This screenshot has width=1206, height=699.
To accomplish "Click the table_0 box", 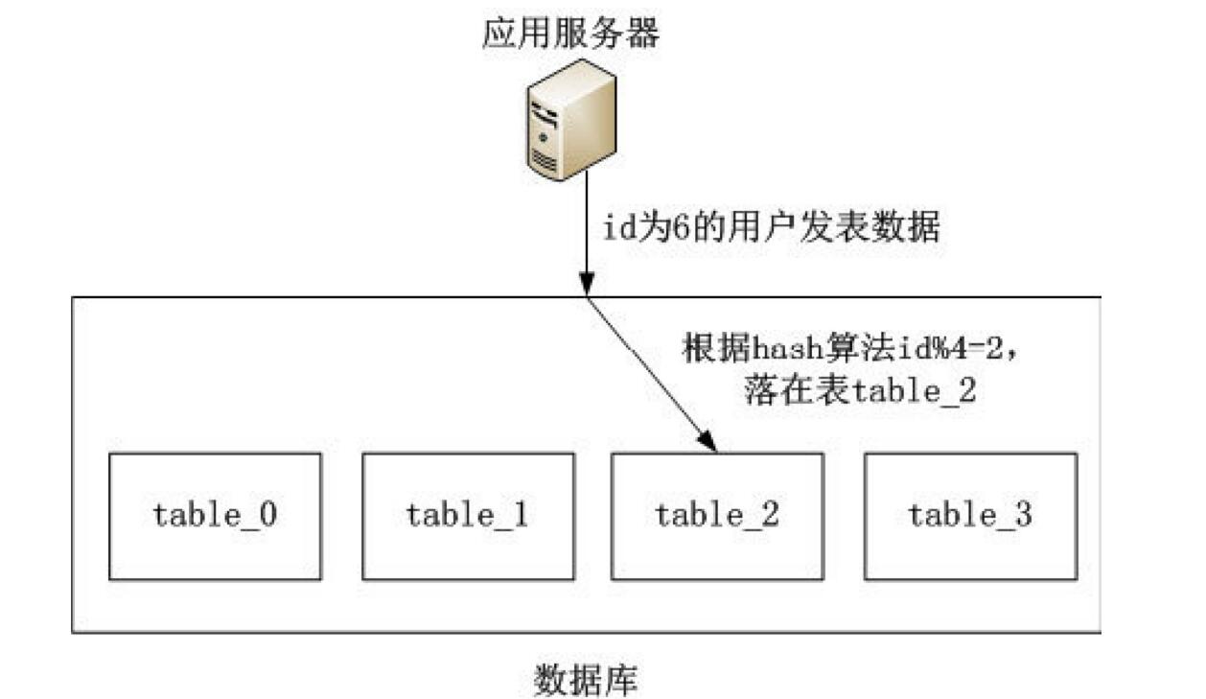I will tap(215, 516).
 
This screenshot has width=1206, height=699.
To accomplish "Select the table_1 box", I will tap(468, 516).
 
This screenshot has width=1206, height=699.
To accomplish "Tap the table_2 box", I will tap(717, 516).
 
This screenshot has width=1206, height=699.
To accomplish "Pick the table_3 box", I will tap(970, 516).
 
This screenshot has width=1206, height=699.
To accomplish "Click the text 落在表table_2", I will tap(859, 391).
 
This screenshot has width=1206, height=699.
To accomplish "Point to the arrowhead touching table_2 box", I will tap(709, 442).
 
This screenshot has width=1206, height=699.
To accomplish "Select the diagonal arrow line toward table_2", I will tap(647, 369).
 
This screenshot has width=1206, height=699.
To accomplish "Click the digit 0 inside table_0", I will tap(269, 515).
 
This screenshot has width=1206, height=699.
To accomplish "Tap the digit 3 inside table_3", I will tap(1024, 515).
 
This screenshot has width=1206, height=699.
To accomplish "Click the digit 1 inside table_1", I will tap(521, 515).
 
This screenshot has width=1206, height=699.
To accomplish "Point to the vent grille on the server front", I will tap(545, 162).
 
